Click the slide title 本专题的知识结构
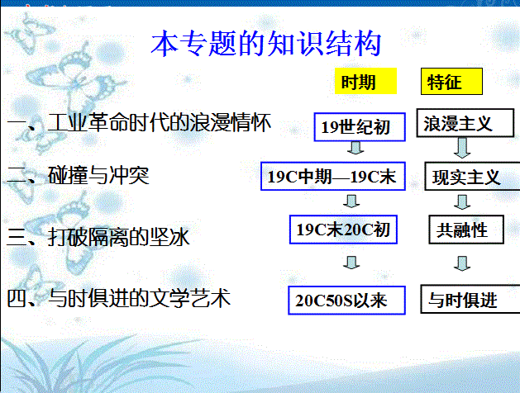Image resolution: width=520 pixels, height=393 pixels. (x=266, y=44)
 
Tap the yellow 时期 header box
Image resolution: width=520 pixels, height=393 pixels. (x=365, y=81)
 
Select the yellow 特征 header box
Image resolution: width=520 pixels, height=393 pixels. (x=451, y=82)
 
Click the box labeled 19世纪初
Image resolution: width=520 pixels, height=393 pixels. (x=360, y=127)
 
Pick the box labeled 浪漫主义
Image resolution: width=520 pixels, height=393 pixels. (x=465, y=123)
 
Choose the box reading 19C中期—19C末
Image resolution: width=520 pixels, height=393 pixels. (x=333, y=176)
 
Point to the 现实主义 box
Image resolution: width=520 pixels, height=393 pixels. (x=472, y=176)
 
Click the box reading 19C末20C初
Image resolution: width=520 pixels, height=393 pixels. (x=343, y=230)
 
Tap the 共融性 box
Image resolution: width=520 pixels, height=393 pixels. (x=466, y=230)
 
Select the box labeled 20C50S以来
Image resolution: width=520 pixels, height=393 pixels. (x=347, y=301)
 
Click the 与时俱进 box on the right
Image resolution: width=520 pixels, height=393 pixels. (x=470, y=299)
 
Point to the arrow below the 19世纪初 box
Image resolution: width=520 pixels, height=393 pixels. (x=355, y=148)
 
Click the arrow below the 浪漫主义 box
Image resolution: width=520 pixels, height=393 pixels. (x=462, y=148)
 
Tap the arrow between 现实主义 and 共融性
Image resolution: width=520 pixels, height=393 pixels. (x=462, y=202)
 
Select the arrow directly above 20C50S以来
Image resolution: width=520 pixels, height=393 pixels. (x=351, y=263)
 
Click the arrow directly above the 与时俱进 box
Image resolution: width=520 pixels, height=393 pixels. (x=462, y=263)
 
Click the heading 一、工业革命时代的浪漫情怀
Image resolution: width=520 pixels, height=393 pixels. (x=139, y=123)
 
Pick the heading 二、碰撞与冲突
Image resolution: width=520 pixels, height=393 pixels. (x=79, y=176)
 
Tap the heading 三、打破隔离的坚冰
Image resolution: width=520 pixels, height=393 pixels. (x=98, y=237)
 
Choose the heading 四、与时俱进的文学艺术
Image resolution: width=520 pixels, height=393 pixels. (x=119, y=298)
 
